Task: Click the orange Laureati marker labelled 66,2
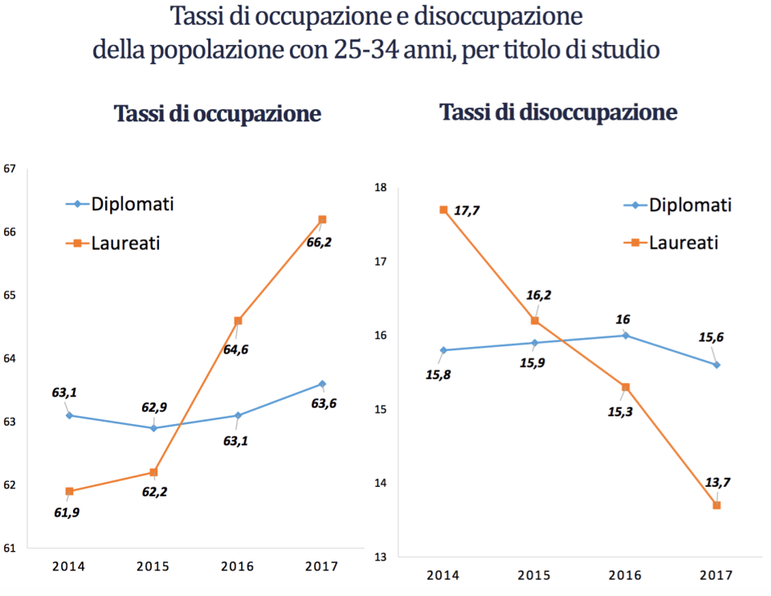click(322, 219)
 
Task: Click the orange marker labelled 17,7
click(443, 210)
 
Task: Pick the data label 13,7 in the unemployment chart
click(717, 482)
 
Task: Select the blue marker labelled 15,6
click(716, 365)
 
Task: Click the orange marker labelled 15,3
click(626, 387)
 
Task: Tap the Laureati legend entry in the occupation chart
click(125, 242)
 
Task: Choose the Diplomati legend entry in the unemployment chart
click(690, 205)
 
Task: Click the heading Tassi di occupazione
click(218, 113)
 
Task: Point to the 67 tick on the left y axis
click(10, 169)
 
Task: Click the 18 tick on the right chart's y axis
click(381, 188)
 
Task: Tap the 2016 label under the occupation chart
click(238, 566)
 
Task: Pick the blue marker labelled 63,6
click(322, 384)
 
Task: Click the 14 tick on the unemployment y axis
click(381, 483)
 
